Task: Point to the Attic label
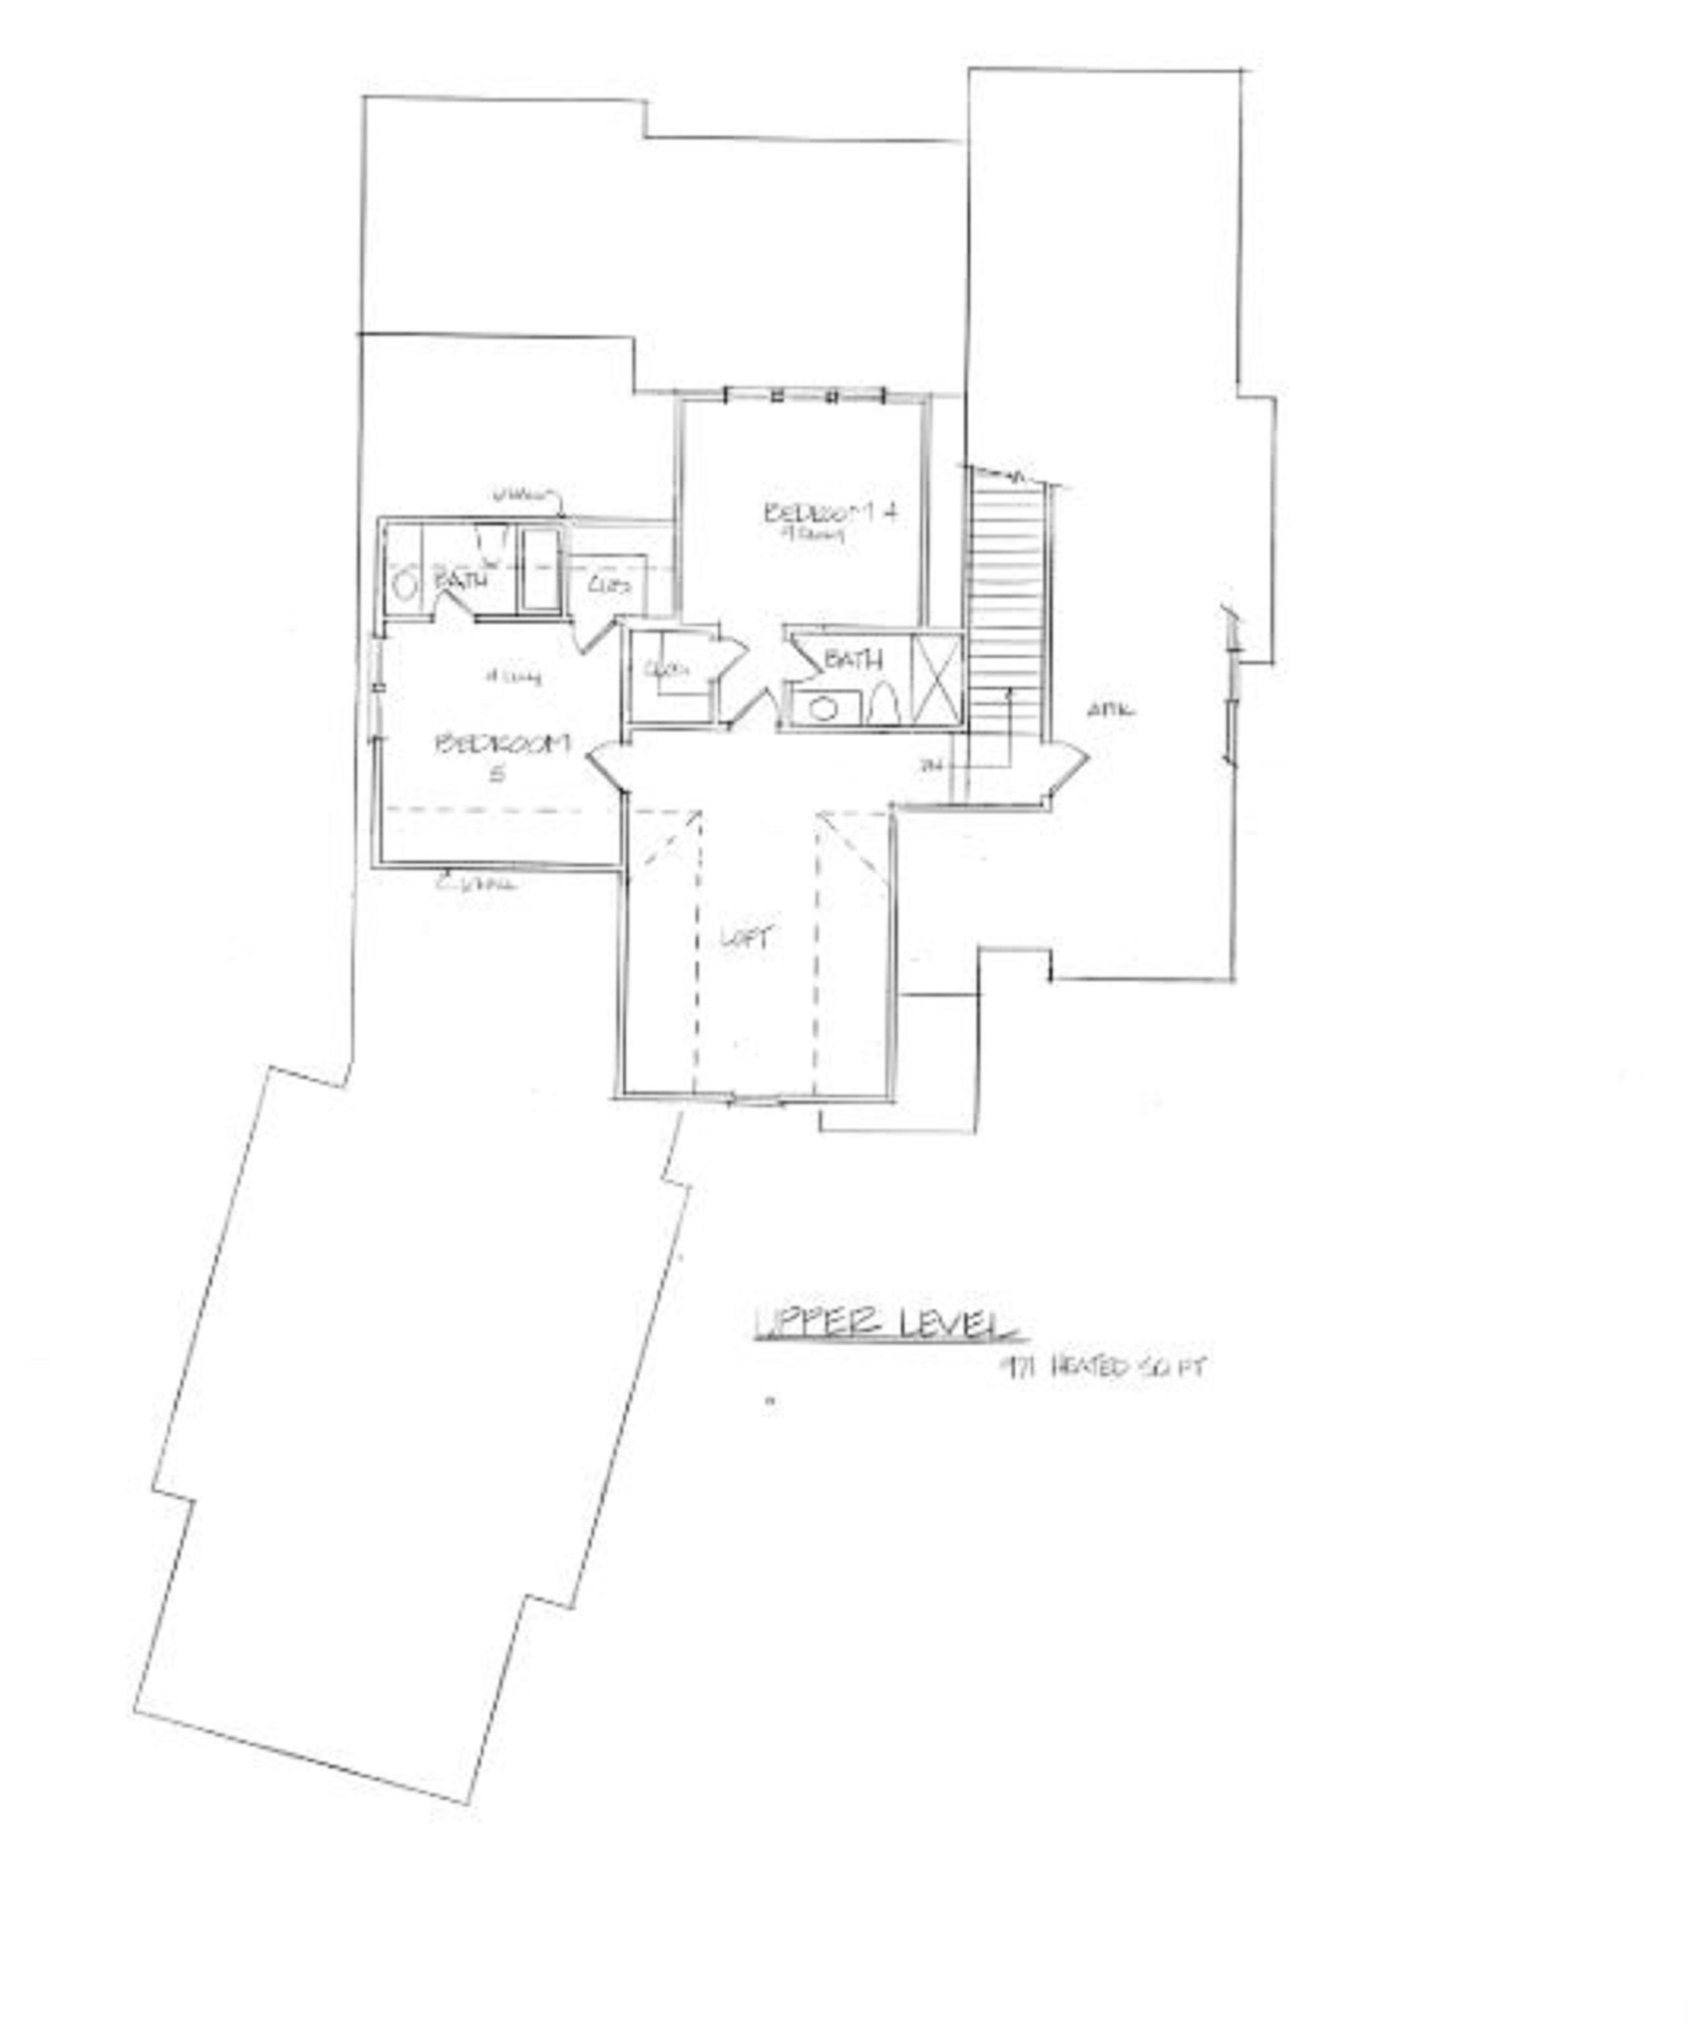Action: [x=1110, y=710]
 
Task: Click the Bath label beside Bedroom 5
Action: [x=460, y=581]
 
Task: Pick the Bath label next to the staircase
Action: [x=853, y=660]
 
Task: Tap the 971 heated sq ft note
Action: [x=1106, y=1368]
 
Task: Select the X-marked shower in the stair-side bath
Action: [x=936, y=678]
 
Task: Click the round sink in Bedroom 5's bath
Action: [x=406, y=586]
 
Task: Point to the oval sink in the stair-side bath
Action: [x=823, y=709]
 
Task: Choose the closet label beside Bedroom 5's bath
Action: [x=610, y=585]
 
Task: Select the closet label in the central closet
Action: [x=665, y=668]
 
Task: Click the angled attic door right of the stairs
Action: [x=1067, y=771]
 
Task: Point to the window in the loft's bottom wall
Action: [x=757, y=1100]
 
